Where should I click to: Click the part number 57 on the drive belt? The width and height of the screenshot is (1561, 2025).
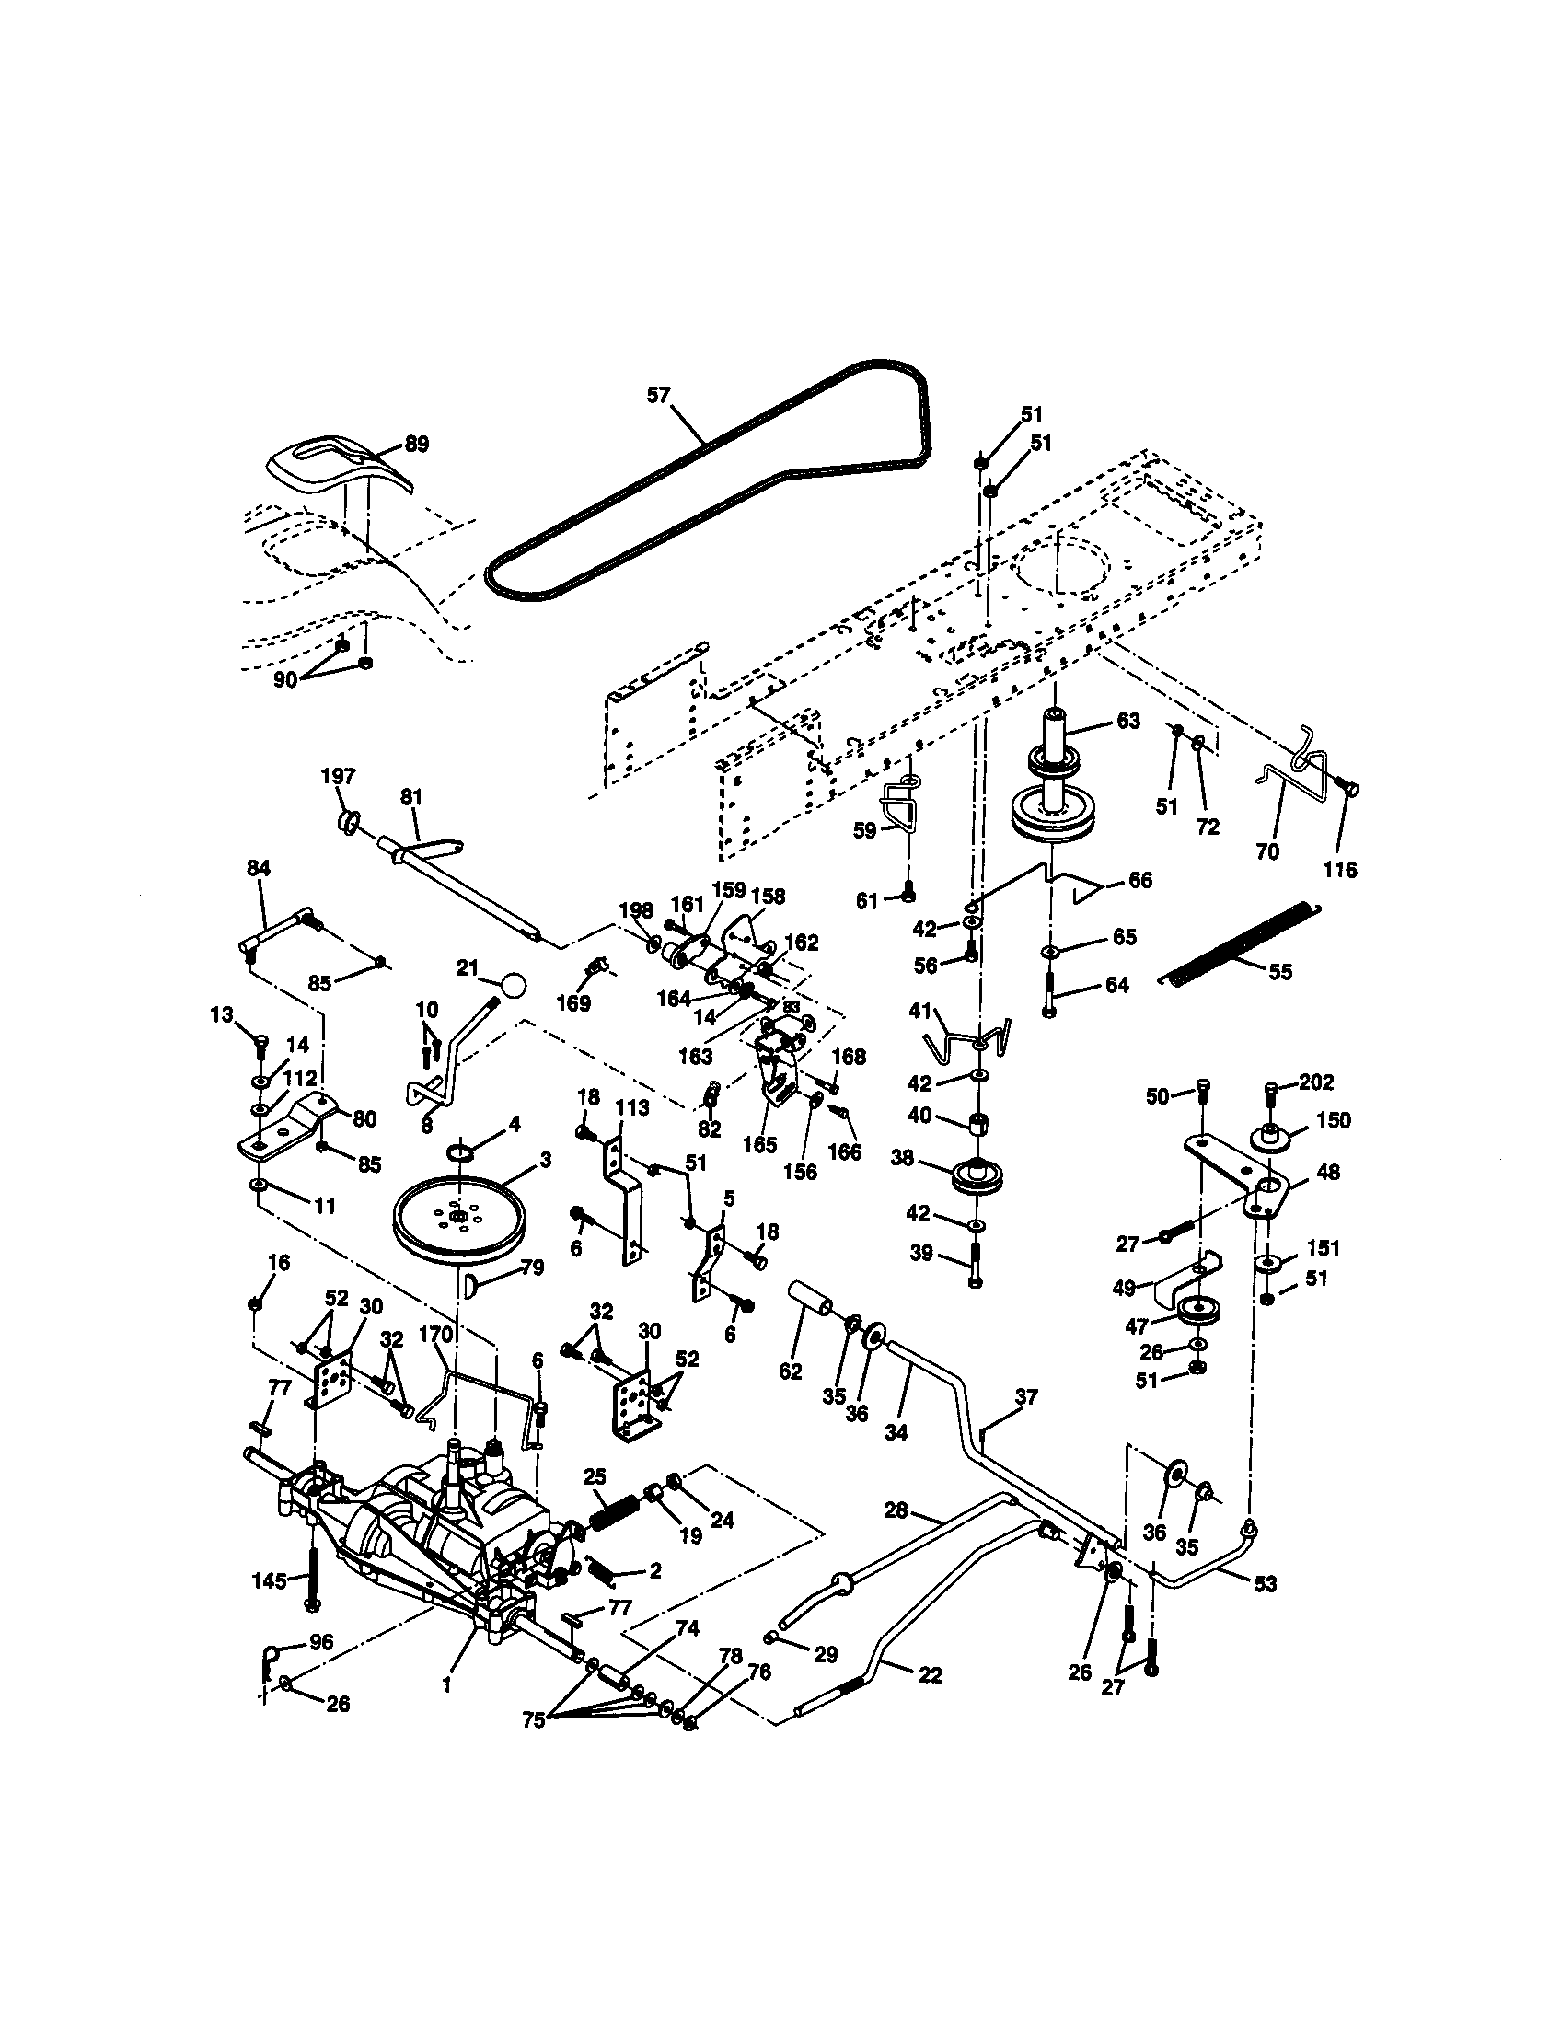(x=657, y=395)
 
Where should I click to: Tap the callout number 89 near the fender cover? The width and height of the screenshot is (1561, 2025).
(x=416, y=445)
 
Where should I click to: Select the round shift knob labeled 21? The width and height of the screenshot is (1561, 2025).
(x=513, y=984)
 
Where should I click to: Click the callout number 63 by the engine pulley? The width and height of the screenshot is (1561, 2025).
(x=1128, y=721)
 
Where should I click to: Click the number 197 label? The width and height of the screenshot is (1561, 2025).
(x=339, y=775)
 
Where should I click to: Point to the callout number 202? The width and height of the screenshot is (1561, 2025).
(x=1316, y=1082)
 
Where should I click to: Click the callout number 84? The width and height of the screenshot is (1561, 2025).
(x=259, y=868)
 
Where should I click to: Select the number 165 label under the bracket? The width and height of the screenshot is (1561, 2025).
(x=759, y=1145)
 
